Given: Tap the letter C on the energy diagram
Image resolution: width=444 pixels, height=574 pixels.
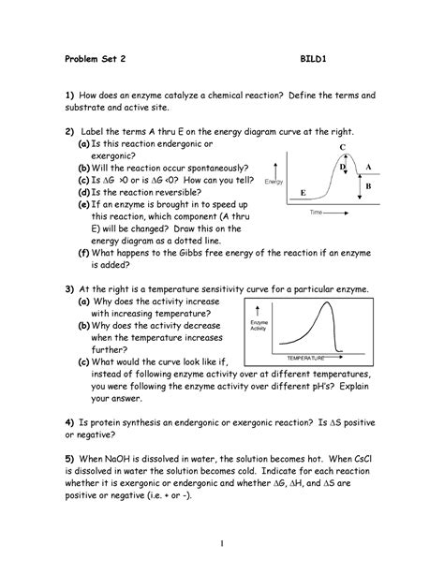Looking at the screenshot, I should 342,148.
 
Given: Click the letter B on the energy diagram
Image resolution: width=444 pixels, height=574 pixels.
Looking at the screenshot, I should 368,186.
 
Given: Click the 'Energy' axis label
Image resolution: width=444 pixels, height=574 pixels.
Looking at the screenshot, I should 275,181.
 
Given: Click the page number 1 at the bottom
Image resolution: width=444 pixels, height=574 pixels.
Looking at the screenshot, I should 222,543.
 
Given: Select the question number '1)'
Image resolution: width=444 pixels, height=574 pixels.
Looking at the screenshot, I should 68,96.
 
